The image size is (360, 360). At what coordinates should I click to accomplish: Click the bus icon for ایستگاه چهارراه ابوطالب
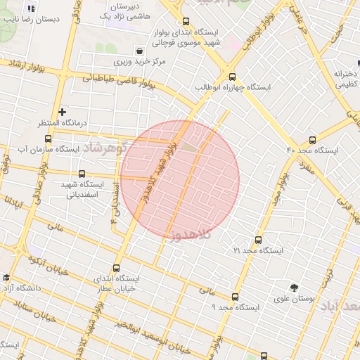click(233, 77)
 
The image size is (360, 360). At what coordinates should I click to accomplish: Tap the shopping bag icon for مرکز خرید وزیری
click(140, 51)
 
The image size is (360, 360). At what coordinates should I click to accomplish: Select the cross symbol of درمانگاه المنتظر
click(62, 112)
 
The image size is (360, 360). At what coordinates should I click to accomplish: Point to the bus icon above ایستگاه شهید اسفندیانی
click(82, 174)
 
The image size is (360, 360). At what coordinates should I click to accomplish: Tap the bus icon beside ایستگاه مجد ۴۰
click(312, 140)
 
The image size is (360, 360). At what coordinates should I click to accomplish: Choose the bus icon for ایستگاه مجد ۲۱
click(258, 240)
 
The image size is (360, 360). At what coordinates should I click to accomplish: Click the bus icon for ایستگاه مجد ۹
click(234, 297)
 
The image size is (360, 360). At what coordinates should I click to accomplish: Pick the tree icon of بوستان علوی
click(294, 286)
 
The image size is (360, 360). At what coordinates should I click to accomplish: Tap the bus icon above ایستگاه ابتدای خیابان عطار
click(116, 267)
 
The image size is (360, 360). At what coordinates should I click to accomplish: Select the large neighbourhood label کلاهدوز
click(191, 236)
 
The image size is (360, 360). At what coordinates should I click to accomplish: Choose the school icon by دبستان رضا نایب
click(30, 9)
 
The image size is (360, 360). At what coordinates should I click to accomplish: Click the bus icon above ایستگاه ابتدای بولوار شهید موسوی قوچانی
click(185, 22)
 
